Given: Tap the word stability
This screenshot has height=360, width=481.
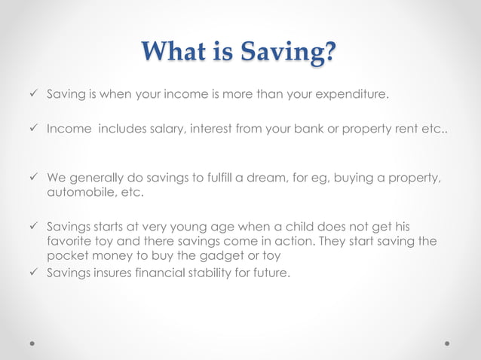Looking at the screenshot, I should coord(212,273).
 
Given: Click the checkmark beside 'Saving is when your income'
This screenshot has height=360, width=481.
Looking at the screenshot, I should coord(32,96).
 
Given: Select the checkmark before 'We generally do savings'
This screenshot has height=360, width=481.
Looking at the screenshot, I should coord(32,178).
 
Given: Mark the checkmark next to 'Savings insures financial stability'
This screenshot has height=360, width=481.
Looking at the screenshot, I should coord(32,273).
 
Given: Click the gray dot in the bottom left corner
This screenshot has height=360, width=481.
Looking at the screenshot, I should coord(32,343).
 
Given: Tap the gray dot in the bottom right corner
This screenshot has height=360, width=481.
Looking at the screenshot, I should coord(448,343).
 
